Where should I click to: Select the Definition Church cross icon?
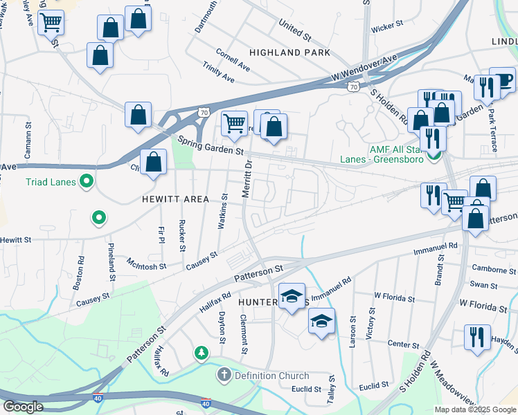[x=224, y=376]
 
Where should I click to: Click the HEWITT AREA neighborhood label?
[x=175, y=199]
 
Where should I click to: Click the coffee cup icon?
[x=501, y=77]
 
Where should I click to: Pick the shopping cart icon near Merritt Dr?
[x=234, y=123]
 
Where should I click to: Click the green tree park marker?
[x=202, y=353]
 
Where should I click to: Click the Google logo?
[x=23, y=406]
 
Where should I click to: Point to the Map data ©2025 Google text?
[x=474, y=409]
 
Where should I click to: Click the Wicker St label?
[x=387, y=26]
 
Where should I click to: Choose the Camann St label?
[x=28, y=141]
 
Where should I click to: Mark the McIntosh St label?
[x=147, y=265]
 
